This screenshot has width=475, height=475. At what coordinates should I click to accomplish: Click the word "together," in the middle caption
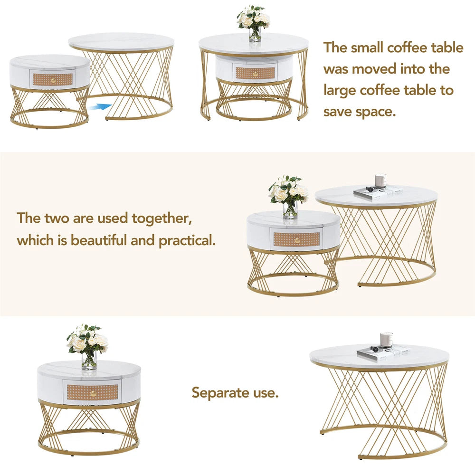(x=161, y=218)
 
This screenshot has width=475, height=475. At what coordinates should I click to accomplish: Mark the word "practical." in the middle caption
(x=187, y=240)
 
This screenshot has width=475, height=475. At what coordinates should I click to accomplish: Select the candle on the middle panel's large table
(x=380, y=180)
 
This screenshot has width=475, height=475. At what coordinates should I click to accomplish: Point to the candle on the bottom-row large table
(x=386, y=339)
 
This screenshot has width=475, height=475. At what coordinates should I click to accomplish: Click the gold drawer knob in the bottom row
(x=92, y=392)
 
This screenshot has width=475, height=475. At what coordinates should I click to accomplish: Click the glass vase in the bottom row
(x=89, y=361)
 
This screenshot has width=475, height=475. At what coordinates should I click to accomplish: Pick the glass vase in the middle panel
(x=290, y=209)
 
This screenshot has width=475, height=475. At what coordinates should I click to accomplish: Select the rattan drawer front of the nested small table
(x=255, y=73)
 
